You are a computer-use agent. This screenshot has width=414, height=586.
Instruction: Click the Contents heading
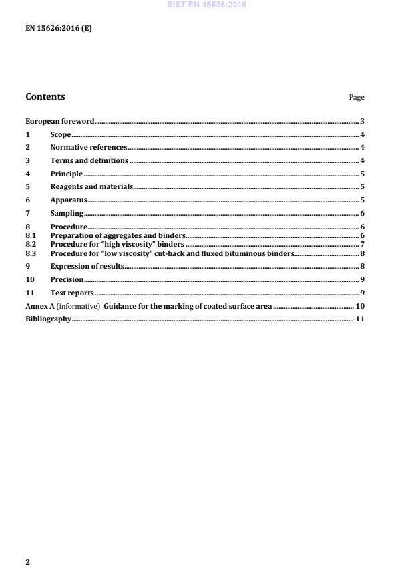click(x=45, y=96)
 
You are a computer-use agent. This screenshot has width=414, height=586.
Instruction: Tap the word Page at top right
click(x=357, y=98)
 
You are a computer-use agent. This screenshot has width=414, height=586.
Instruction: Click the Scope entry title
click(x=61, y=134)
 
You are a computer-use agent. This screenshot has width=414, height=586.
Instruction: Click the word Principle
click(x=67, y=174)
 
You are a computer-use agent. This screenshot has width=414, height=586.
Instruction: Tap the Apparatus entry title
click(x=69, y=200)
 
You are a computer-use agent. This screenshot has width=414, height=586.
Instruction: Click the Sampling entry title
click(x=67, y=213)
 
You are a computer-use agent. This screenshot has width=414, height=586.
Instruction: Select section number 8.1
click(x=30, y=236)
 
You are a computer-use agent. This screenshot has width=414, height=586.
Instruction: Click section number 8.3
click(x=30, y=253)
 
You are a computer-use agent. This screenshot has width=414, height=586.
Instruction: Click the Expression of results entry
click(x=87, y=267)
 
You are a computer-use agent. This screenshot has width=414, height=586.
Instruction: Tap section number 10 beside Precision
click(x=30, y=280)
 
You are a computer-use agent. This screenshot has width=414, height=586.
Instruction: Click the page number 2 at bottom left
click(x=27, y=562)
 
